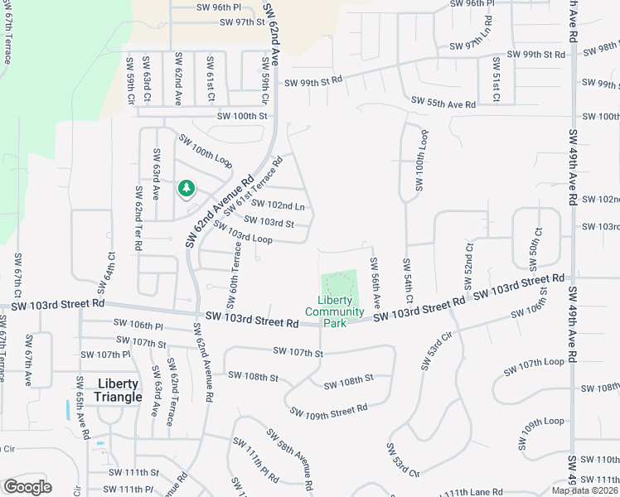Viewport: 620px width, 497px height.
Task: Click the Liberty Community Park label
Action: [x=334, y=311]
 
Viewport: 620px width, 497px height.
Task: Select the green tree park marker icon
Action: [x=186, y=189]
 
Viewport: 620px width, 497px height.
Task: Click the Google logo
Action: [x=27, y=487]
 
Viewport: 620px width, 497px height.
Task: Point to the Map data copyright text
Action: [x=585, y=490]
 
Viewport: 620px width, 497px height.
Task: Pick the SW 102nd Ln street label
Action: [x=277, y=205]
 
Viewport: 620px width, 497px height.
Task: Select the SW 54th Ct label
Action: [x=409, y=280]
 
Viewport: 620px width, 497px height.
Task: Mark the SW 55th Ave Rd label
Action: [x=443, y=104]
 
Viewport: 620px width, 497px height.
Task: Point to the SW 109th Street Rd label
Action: [x=328, y=411]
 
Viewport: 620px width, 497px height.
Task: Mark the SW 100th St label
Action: [x=243, y=117]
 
